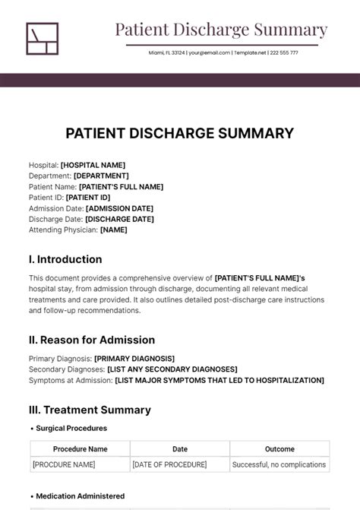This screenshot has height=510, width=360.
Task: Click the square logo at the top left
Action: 42,39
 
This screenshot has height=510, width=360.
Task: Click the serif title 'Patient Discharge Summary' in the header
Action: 221,30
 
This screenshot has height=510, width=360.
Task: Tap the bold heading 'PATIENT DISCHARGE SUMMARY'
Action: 179,133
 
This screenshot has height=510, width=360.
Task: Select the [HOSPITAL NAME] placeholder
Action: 93,165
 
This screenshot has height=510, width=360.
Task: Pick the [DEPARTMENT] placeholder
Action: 101,176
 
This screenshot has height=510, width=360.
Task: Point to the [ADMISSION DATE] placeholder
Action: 119,208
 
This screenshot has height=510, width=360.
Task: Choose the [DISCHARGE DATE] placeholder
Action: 119,219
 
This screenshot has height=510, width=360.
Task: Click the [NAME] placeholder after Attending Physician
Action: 114,230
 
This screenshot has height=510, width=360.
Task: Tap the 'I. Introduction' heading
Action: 65,259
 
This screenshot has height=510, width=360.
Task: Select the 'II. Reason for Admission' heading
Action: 92,340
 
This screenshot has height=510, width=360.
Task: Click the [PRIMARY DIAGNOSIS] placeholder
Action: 134,358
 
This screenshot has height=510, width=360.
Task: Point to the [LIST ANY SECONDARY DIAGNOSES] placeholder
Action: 172,369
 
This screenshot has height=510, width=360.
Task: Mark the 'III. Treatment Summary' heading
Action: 90,410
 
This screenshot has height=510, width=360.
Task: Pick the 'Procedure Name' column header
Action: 81,448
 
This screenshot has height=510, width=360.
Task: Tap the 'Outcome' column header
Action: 279,448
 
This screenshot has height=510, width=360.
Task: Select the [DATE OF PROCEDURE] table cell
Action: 169,464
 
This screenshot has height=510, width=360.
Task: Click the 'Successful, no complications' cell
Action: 279,464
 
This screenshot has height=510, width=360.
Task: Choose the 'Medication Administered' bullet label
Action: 80,496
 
